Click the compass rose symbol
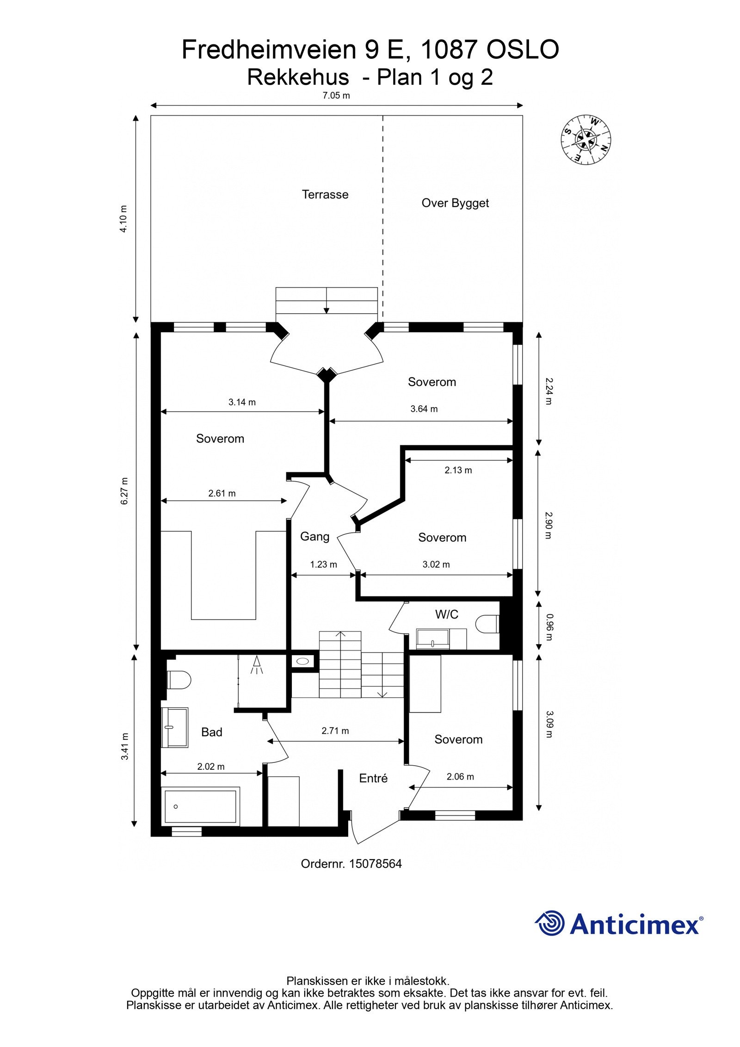(x=586, y=139)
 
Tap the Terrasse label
(x=325, y=194)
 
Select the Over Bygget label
(x=455, y=203)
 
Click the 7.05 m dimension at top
(x=336, y=96)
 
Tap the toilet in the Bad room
(x=179, y=680)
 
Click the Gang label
(x=314, y=536)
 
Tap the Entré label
(x=373, y=778)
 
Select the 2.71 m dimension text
(x=335, y=731)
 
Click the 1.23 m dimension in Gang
(x=323, y=564)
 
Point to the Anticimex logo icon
(x=550, y=923)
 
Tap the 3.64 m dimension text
(x=424, y=409)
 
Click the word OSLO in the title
(x=522, y=50)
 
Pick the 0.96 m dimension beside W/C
(x=549, y=627)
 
